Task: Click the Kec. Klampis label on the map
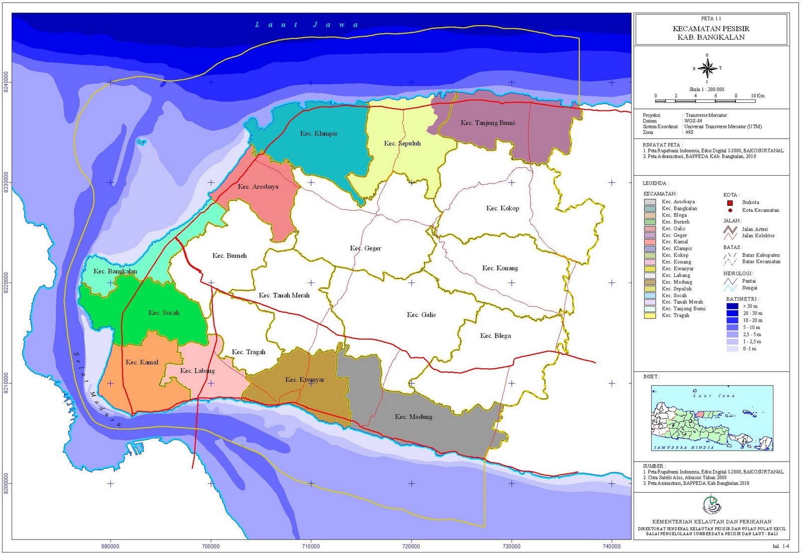coord(319,133)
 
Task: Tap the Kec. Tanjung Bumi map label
coord(488,123)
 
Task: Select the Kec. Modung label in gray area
coord(414,417)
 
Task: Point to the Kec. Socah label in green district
coord(164,313)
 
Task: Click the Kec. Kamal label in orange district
coord(142,362)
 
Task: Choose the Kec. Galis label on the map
coord(421,315)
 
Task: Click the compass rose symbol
coord(707,68)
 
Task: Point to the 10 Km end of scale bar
coord(757,96)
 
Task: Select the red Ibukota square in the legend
coord(730,203)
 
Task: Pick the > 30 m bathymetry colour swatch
coord(732,306)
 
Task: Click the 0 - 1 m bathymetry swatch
coord(732,349)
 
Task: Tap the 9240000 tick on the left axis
coord(6,82)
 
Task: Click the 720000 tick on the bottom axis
coord(411,546)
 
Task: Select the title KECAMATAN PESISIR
coord(711,29)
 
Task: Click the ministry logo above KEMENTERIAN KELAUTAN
coord(711,505)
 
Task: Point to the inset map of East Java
coord(712,418)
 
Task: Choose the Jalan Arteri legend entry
coord(754,229)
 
